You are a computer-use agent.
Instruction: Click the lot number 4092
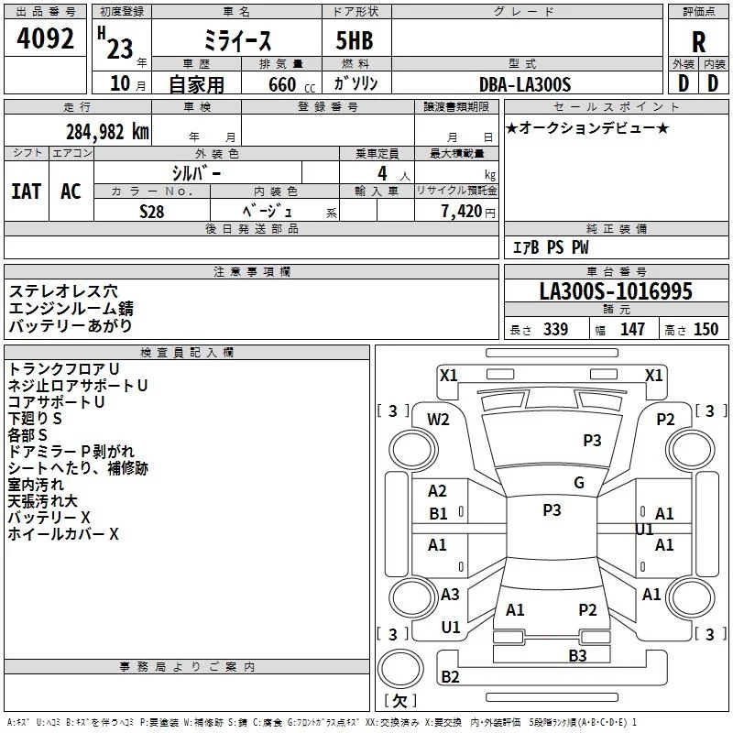45,38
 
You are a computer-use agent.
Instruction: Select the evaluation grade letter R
698,42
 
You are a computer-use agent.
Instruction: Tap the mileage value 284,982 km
107,132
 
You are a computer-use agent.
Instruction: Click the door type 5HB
355,40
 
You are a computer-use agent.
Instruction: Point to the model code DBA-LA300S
525,84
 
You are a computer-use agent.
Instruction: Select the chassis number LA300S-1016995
616,291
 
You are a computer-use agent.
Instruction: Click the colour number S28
152,212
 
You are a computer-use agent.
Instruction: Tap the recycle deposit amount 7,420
462,212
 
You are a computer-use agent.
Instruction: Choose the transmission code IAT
27,191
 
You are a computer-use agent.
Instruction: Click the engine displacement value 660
282,85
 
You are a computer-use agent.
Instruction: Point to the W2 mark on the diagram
438,420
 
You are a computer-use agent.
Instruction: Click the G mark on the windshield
579,483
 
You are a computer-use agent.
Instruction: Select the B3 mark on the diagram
577,656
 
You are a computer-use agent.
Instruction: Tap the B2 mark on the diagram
450,676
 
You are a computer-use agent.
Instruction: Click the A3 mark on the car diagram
450,594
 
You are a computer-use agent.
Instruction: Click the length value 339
555,329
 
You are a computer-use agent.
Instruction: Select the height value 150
706,329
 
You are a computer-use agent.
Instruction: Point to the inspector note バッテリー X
49,518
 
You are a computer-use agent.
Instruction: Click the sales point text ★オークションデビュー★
587,127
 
